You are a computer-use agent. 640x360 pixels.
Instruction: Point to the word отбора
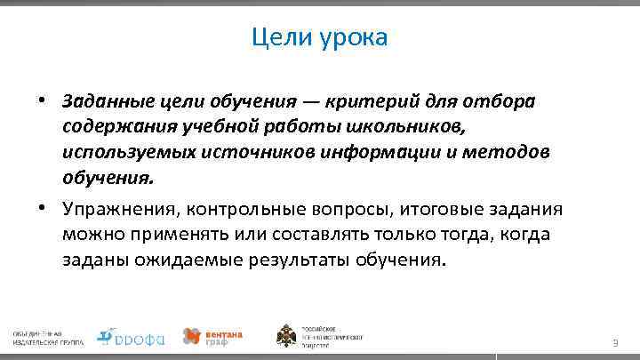504,102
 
